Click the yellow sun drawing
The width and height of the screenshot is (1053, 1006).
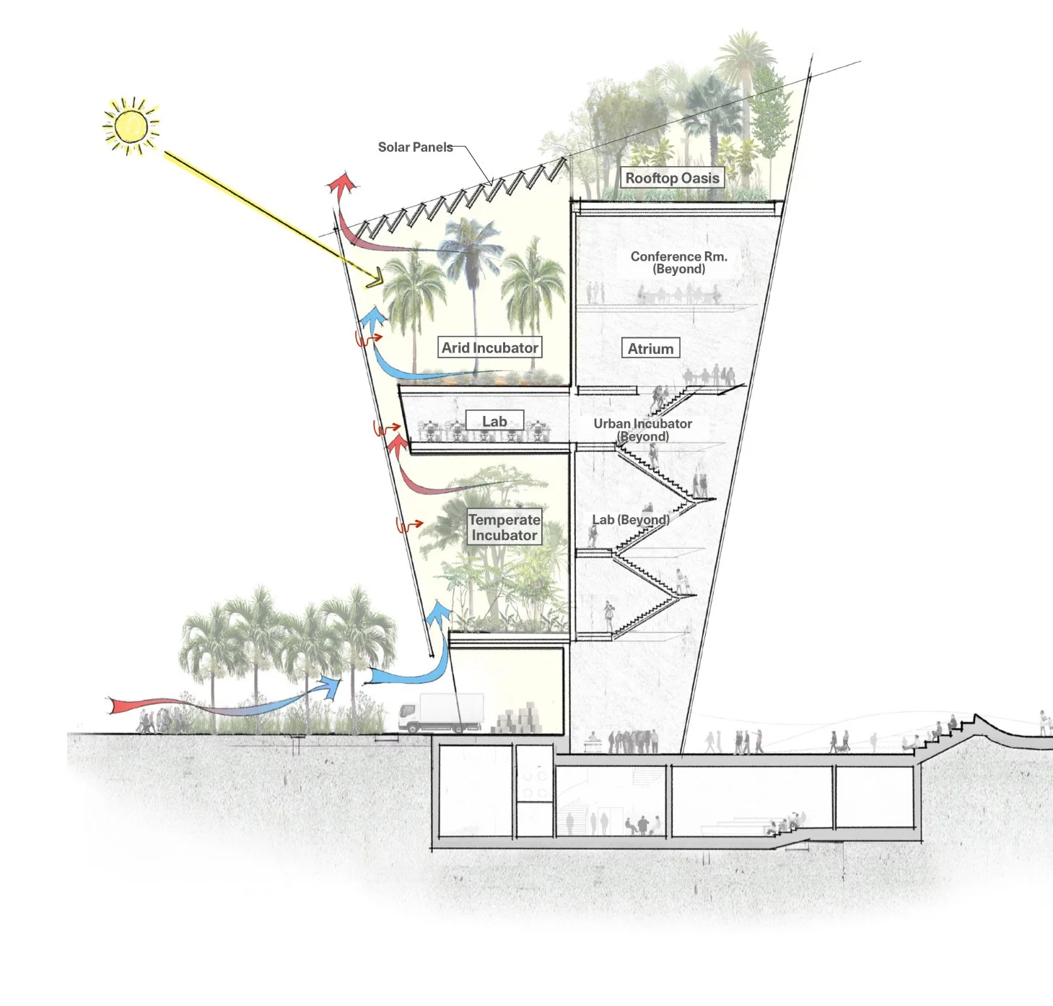coord(131,126)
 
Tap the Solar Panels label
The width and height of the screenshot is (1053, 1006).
coord(415,147)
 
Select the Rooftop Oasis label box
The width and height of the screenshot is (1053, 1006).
coord(672,178)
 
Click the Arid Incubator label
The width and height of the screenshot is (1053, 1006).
coord(490,348)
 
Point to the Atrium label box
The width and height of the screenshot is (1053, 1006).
coord(650,349)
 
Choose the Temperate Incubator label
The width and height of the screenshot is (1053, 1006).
coord(504,528)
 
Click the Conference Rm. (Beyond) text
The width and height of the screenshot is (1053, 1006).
coord(678,263)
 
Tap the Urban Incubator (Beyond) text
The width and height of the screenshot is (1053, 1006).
coord(642,430)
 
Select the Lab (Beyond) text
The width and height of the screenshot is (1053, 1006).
coord(630,520)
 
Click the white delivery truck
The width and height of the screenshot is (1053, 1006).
coord(441,714)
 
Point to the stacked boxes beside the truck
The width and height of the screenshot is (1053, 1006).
coord(518,719)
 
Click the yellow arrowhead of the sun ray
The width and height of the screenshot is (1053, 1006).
coord(375,278)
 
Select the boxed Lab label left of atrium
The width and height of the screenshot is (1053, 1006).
coord(494,422)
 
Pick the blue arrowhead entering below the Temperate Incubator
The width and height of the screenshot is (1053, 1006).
coord(437,614)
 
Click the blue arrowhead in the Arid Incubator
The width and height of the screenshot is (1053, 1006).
coord(373,316)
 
